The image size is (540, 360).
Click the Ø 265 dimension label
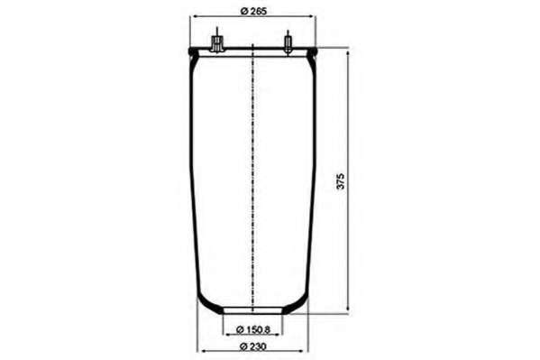[x=253, y=11]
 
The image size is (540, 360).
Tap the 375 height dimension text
[x=340, y=181]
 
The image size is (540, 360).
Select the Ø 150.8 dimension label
[x=253, y=329]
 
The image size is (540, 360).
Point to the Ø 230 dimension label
[x=253, y=346]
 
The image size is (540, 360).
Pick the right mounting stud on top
[x=288, y=42]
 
